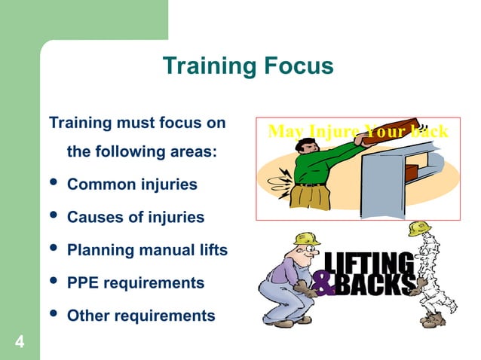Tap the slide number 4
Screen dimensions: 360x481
pyautogui.click(x=19, y=343)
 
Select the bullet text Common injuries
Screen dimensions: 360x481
pyautogui.click(x=132, y=184)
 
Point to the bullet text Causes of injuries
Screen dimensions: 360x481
pyautogui.click(x=136, y=217)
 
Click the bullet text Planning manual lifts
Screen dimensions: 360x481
pyautogui.click(x=147, y=250)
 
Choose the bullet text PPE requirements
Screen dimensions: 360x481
pyautogui.click(x=136, y=283)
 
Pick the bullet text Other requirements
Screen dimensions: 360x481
pyautogui.click(x=141, y=316)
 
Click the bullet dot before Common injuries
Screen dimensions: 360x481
pyautogui.click(x=52, y=185)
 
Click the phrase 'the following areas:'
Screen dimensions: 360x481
pyautogui.click(x=142, y=151)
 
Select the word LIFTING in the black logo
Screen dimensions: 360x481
pyautogui.click(x=369, y=264)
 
